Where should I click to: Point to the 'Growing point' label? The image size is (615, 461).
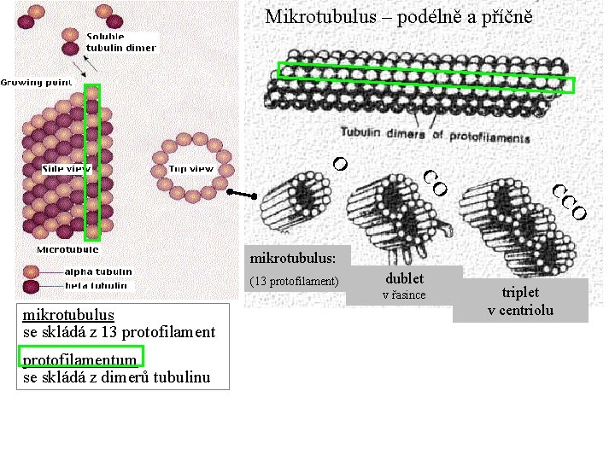35,82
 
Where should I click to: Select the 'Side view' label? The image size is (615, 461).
67,169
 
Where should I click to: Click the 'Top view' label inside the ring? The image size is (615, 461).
190,169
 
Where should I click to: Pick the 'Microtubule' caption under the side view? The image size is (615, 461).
67,249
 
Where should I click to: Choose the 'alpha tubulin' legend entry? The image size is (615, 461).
98,271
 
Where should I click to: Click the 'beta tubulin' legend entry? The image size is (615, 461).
97,285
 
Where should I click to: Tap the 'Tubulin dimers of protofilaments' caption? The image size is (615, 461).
436,134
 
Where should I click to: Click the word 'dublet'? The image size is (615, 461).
404,278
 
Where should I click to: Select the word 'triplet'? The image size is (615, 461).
520,292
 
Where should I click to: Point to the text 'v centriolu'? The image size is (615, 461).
520,309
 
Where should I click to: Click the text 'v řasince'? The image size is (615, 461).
404,295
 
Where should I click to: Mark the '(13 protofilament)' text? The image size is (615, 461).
294,281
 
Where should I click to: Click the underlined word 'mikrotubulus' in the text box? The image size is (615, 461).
68,315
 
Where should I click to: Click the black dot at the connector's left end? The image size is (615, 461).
231,192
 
